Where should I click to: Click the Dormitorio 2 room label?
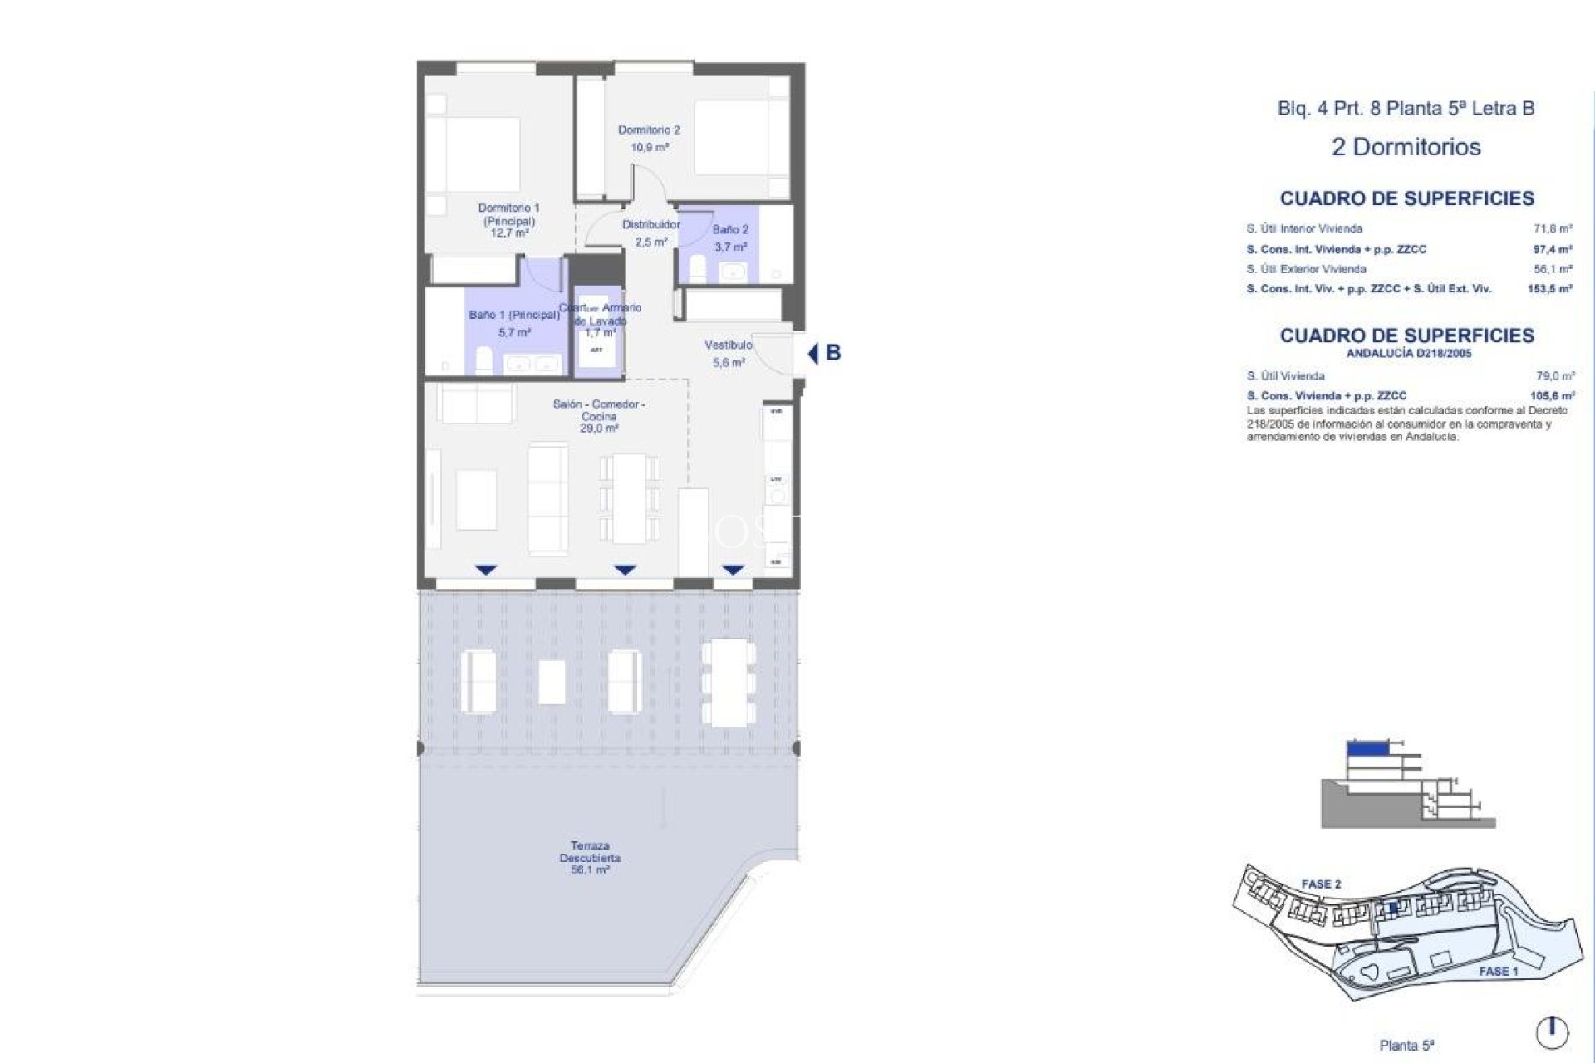pyautogui.click(x=649, y=130)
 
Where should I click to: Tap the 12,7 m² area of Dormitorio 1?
pyautogui.click(x=509, y=234)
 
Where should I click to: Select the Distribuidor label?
pyautogui.click(x=651, y=225)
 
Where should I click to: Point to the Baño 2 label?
pyautogui.click(x=730, y=230)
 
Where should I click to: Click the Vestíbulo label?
pyautogui.click(x=729, y=345)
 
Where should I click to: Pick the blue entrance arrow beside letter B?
pyautogui.click(x=813, y=354)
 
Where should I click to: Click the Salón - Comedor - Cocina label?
pyautogui.click(x=599, y=410)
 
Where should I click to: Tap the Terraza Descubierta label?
pyautogui.click(x=590, y=852)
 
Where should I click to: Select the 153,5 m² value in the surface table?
pyautogui.click(x=1550, y=289)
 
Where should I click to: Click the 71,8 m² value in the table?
pyautogui.click(x=1553, y=228)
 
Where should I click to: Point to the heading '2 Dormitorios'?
pyautogui.click(x=1406, y=148)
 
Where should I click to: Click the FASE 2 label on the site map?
pyautogui.click(x=1321, y=884)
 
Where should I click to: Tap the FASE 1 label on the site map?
pyautogui.click(x=1498, y=972)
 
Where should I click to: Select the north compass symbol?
pyautogui.click(x=1552, y=1032)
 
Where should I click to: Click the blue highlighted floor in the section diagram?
pyautogui.click(x=1367, y=748)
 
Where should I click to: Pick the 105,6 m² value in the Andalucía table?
pyautogui.click(x=1552, y=396)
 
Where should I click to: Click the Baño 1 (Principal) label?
pyautogui.click(x=514, y=316)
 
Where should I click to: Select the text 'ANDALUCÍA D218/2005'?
pyautogui.click(x=1408, y=354)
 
